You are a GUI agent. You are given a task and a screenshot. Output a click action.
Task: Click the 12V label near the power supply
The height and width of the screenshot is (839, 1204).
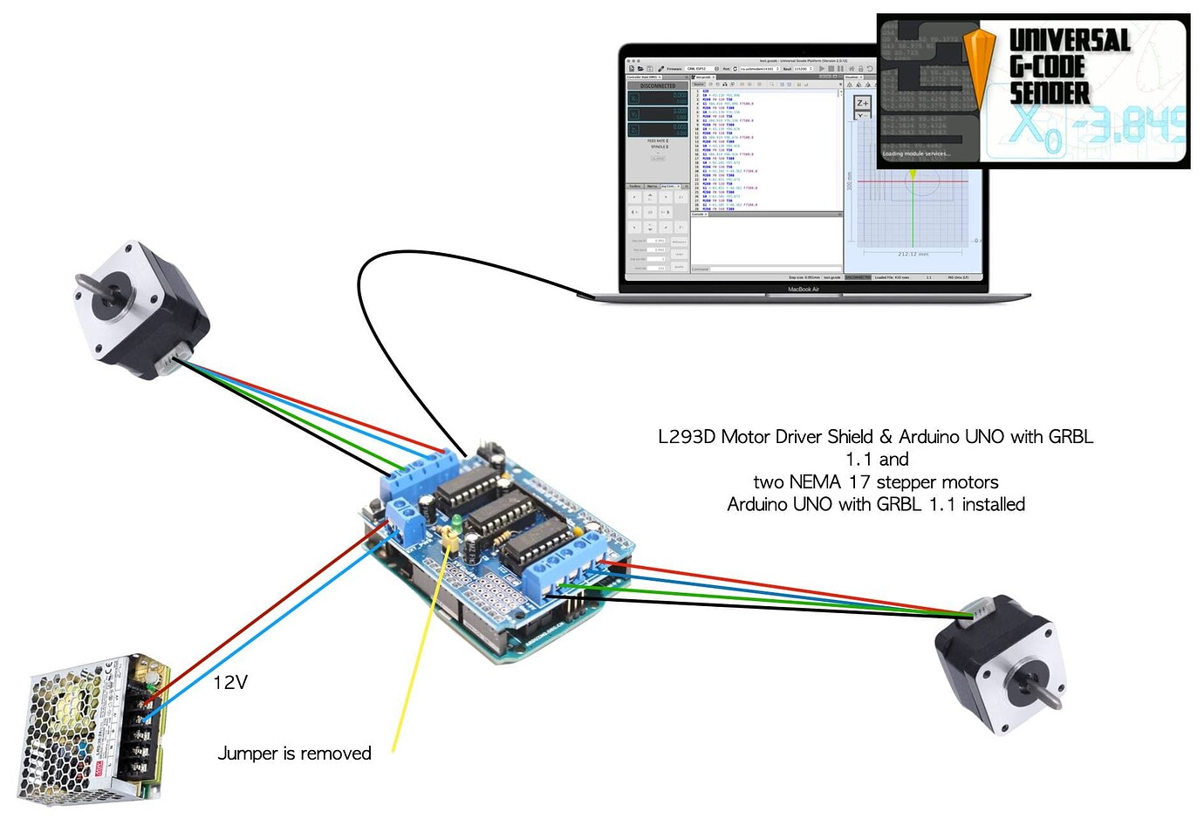(230, 682)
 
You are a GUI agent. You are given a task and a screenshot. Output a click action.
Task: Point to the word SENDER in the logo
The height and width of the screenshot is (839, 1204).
(1050, 93)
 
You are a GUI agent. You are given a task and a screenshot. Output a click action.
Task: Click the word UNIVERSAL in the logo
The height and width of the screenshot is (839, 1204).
(1069, 40)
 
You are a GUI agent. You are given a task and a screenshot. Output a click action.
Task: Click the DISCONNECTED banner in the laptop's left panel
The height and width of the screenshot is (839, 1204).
(658, 85)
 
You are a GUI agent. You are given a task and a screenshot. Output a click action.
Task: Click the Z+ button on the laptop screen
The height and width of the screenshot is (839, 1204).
(862, 103)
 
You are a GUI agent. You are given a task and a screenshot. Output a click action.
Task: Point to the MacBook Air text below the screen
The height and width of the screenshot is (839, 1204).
(803, 289)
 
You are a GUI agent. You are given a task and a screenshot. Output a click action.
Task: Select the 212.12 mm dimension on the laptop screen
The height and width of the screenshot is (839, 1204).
(913, 255)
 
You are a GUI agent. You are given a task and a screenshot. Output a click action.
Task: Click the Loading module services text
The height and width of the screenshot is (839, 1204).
(916, 153)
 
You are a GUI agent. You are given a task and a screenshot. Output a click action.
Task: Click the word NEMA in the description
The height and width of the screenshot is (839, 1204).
(817, 482)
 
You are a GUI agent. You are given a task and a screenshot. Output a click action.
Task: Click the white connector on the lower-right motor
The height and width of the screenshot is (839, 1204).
(981, 610)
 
